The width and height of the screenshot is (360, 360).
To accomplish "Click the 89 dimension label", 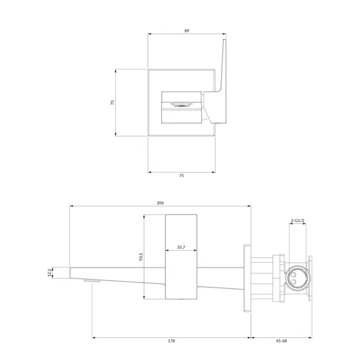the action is [187, 30].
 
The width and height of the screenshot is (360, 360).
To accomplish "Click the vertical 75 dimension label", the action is [112, 103].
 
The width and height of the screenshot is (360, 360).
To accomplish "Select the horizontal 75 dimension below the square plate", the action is [181, 176].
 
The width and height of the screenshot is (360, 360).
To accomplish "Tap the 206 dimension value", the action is [160, 203].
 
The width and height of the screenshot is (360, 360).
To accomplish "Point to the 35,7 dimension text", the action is [181, 247].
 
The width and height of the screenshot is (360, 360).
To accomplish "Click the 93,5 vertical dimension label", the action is [141, 257].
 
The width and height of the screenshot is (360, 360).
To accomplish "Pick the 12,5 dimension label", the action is [50, 273].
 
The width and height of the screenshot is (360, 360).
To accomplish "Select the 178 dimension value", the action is [171, 341].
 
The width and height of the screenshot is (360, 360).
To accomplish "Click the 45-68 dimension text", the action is [281, 341].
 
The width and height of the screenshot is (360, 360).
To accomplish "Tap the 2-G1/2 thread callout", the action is [297, 221].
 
